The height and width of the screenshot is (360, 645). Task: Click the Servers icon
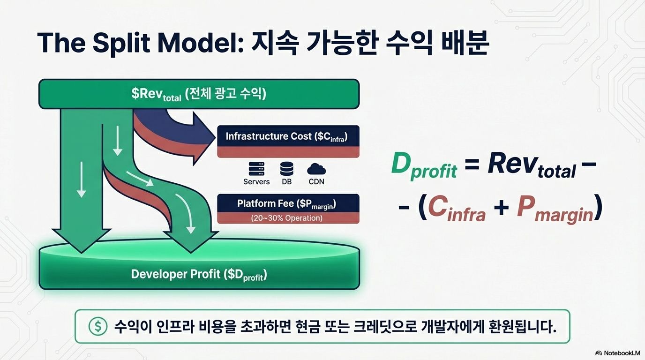tap(256, 169)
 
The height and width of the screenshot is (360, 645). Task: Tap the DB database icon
tap(286, 169)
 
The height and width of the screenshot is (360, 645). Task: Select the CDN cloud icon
tap(316, 169)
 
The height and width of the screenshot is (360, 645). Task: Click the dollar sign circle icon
tap(98, 326)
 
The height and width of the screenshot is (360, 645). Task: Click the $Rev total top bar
tap(199, 94)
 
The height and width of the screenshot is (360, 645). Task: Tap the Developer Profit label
tap(199, 275)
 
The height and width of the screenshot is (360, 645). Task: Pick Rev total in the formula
tap(531, 166)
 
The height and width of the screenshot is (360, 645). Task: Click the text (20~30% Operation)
tap(287, 218)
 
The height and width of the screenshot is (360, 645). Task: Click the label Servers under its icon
tap(256, 181)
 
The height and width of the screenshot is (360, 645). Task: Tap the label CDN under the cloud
tap(316, 181)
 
